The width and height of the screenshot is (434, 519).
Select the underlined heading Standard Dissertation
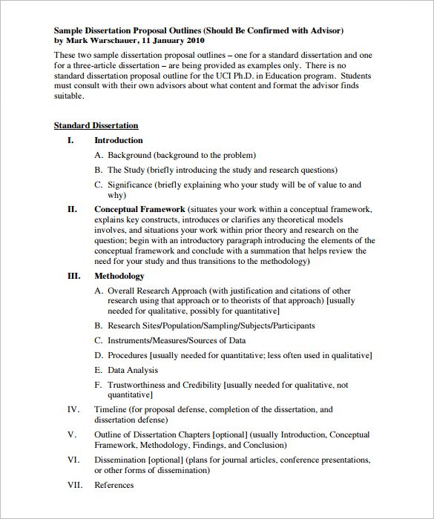tap(96, 126)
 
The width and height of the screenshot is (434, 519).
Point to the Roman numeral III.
tap(73, 277)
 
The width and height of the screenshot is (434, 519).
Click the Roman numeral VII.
tap(75, 486)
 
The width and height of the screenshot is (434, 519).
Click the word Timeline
tap(111, 409)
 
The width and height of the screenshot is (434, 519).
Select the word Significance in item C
tap(131, 185)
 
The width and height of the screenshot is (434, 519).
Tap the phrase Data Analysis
tap(133, 370)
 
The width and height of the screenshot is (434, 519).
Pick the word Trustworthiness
tap(140, 386)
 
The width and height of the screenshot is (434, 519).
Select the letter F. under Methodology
tap(99, 386)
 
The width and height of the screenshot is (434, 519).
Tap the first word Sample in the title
tap(69, 30)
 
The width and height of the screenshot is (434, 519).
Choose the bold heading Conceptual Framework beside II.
tap(139, 210)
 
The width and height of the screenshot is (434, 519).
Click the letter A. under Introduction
tap(99, 156)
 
